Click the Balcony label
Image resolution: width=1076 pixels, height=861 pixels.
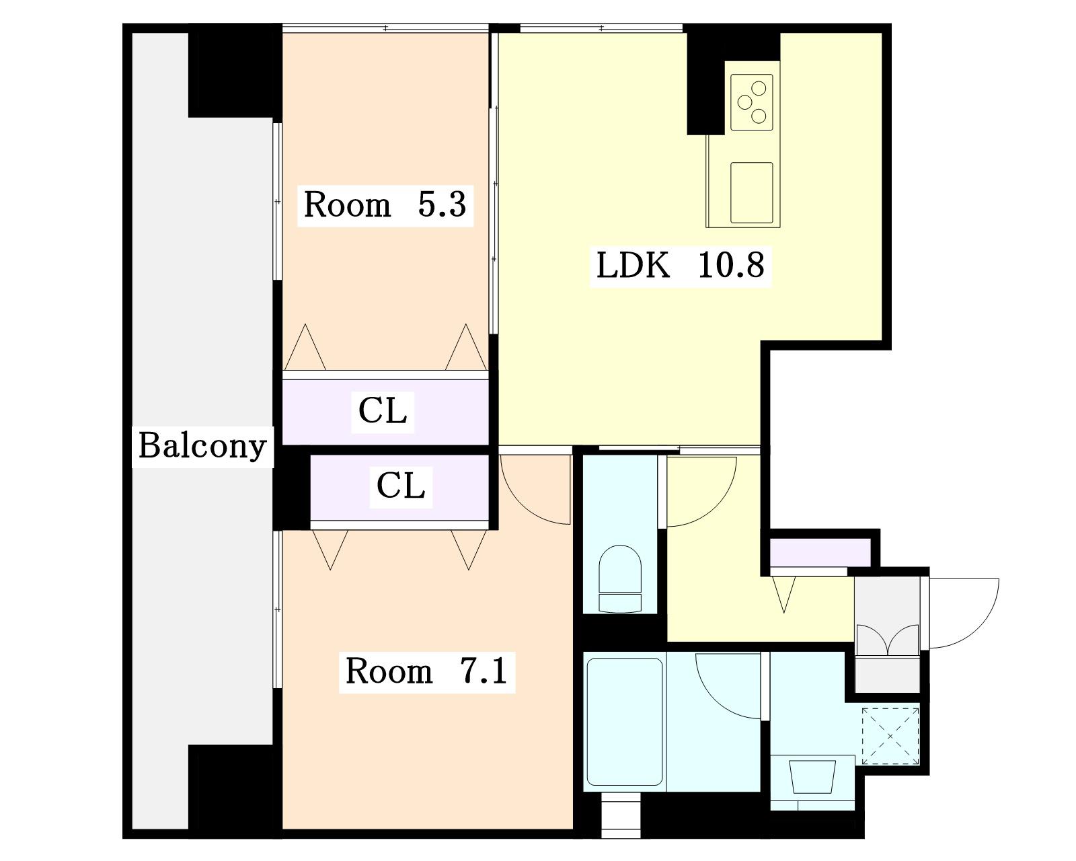pos(202,446)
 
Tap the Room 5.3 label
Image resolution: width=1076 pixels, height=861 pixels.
pos(385,204)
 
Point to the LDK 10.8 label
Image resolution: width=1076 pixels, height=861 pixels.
pos(680,265)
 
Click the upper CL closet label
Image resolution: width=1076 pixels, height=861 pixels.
pos(383,411)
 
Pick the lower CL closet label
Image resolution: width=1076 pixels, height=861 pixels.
pos(401,485)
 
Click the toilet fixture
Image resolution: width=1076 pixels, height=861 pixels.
pos(620,578)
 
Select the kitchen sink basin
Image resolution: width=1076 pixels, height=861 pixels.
pos(751,192)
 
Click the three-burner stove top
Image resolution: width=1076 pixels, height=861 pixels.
pos(751,102)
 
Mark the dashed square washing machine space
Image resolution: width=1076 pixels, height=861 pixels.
pos(890,737)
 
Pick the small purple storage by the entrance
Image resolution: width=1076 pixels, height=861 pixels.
pos(820,552)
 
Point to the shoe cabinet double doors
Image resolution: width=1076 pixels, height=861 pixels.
pos(888,640)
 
